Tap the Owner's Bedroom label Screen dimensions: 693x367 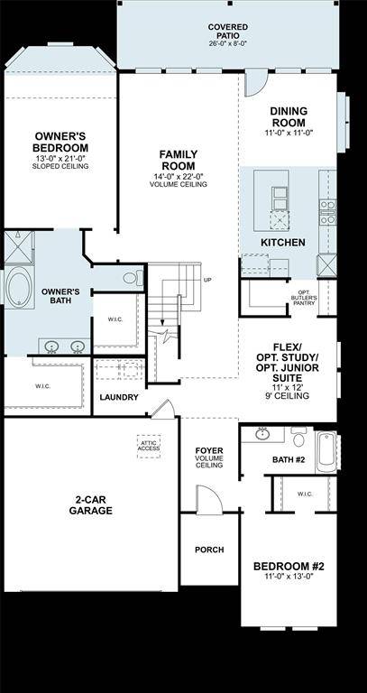(60, 142)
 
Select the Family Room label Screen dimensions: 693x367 (179, 161)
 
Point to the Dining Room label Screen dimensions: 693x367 (289, 116)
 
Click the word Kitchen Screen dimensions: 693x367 (282, 243)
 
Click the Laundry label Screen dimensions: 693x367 (119, 397)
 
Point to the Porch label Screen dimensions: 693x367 (209, 549)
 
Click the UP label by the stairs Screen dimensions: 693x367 (207, 279)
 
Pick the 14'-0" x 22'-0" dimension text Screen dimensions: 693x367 (179, 176)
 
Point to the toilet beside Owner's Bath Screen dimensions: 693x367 (132, 278)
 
